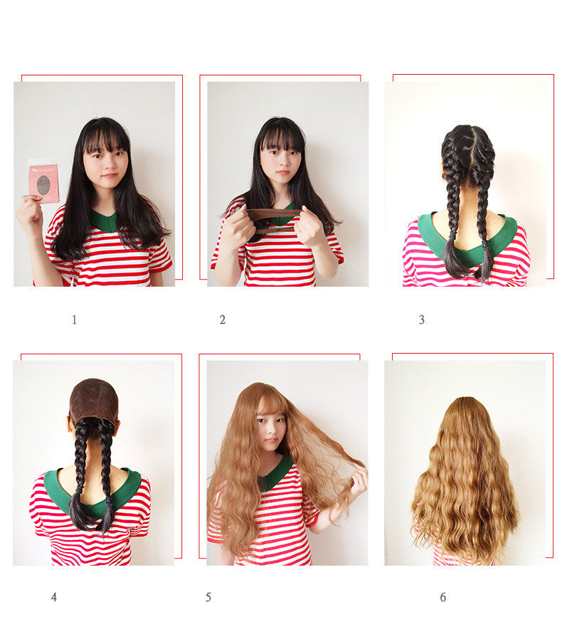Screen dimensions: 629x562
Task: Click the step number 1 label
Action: pyautogui.click(x=74, y=320)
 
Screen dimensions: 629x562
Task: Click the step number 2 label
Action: pyautogui.click(x=222, y=320)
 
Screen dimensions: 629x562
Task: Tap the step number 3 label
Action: pyautogui.click(x=421, y=320)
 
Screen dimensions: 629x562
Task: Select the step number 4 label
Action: pyautogui.click(x=53, y=598)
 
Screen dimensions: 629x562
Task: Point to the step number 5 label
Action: pyautogui.click(x=208, y=598)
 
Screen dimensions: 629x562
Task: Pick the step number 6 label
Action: pyautogui.click(x=442, y=598)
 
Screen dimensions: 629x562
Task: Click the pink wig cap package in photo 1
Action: pyautogui.click(x=44, y=182)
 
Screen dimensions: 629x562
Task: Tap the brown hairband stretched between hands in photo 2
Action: pyautogui.click(x=274, y=213)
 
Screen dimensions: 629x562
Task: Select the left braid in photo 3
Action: pyautogui.click(x=453, y=206)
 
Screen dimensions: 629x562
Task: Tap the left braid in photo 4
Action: pyautogui.click(x=80, y=470)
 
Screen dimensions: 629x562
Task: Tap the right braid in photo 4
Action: pyautogui.click(x=107, y=470)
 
